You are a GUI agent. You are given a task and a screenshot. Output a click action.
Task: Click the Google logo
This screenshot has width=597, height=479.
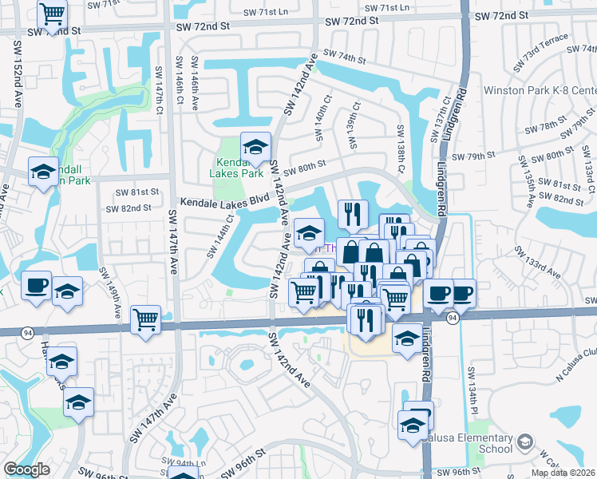pos(26,469)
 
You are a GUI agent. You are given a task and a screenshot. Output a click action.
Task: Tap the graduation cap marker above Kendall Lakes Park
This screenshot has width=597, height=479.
pos(255,147)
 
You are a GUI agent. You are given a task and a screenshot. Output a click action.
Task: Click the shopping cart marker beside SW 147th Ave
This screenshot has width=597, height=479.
pos(146,320)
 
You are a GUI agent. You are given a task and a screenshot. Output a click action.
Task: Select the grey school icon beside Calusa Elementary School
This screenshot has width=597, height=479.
pos(524,441)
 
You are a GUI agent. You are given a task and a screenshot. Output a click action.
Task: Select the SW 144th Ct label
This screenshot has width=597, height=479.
pos(221,236)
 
